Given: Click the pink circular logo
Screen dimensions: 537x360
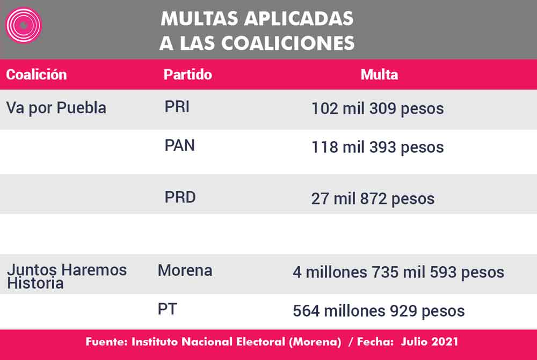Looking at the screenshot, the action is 23,25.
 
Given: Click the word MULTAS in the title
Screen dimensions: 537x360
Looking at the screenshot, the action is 199,18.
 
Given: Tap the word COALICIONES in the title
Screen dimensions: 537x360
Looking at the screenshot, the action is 288,43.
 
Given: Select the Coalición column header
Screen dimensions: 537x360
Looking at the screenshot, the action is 37,75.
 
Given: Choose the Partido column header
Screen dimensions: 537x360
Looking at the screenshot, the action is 187,75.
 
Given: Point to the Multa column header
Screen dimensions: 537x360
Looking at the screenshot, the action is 379,75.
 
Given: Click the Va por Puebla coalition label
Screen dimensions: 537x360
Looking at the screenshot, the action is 56,108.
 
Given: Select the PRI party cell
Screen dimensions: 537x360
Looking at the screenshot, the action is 177,107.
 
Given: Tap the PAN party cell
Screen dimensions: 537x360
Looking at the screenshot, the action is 179,145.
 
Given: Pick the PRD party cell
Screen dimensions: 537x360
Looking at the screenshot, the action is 180,197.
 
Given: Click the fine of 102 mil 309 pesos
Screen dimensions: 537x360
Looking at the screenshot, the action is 378,109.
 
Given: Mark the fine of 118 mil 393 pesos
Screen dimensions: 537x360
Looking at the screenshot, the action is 378,148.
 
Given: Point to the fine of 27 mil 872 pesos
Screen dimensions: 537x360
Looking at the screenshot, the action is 373,199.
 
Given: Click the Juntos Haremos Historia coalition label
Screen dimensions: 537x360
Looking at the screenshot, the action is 67,276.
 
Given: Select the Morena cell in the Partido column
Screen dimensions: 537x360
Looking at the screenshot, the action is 185,271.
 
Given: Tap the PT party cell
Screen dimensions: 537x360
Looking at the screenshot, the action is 167,310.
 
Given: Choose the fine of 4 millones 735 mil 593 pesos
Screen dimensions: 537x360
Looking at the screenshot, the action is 398,273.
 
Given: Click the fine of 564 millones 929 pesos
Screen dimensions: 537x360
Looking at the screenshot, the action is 379,311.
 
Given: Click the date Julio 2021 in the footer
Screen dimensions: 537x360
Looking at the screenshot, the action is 430,342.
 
